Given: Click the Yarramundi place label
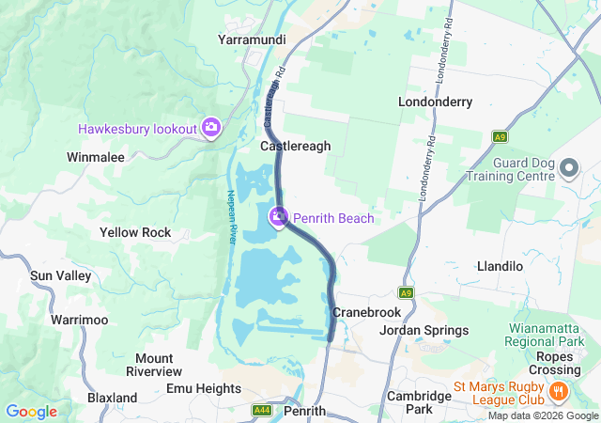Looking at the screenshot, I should tap(251, 39).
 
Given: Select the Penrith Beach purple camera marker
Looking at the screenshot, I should tap(279, 218).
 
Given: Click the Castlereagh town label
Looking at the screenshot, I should tap(295, 147).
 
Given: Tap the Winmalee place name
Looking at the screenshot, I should tap(96, 157).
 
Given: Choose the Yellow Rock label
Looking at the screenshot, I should tap(135, 232).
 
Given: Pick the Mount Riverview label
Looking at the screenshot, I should tap(154, 365).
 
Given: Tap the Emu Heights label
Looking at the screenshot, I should tap(204, 388).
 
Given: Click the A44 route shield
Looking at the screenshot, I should tap(263, 412).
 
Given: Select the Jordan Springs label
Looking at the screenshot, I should tap(424, 330).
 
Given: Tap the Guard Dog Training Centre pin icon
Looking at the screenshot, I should tap(569, 169).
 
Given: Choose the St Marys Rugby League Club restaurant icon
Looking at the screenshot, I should tap(558, 390).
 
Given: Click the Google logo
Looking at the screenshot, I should tap(31, 412).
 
